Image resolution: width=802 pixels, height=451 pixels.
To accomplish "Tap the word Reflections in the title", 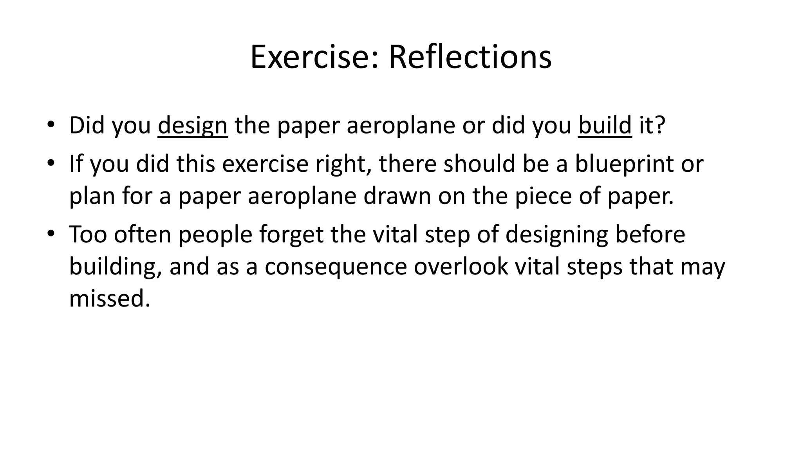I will coord(470,57).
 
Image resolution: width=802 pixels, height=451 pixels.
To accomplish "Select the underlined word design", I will coord(192,126).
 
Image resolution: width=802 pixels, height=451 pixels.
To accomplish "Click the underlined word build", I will coord(605,125).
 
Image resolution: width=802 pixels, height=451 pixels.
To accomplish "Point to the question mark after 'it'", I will coord(661,125).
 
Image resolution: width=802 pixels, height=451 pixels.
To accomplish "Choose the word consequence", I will coord(336,267).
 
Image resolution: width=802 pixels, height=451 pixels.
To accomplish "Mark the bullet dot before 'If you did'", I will coord(51,163).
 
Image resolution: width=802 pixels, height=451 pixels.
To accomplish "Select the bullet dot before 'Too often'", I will coord(51,234).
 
